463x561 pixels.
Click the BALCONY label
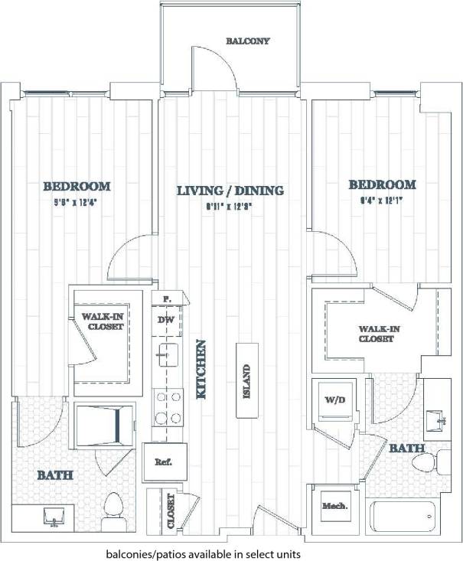pyautogui.click(x=247, y=41)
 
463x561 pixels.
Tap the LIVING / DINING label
pyautogui.click(x=230, y=191)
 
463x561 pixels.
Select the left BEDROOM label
pyautogui.click(x=77, y=186)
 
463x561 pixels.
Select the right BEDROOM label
pyautogui.click(x=382, y=184)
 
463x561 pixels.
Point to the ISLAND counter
pyautogui.click(x=246, y=380)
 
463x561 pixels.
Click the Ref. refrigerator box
pyautogui.click(x=161, y=463)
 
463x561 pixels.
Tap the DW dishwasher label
pyautogui.click(x=165, y=320)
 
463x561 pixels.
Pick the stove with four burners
pyautogui.click(x=168, y=407)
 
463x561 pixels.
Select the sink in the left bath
pyautogui.click(x=54, y=517)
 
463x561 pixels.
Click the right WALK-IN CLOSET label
pyautogui.click(x=376, y=334)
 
